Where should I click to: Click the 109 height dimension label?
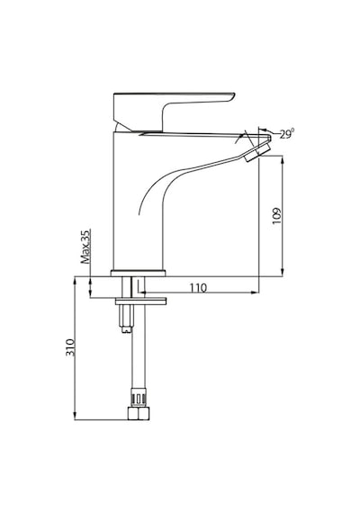[277, 216]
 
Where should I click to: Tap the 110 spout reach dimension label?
[198, 288]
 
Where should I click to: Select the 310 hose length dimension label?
[70, 347]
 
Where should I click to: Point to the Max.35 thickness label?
[85, 247]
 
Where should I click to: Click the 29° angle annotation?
[287, 134]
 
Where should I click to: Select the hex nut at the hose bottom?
[138, 413]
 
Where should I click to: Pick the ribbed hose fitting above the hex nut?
[139, 398]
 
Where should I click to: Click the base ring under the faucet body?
[138, 274]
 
